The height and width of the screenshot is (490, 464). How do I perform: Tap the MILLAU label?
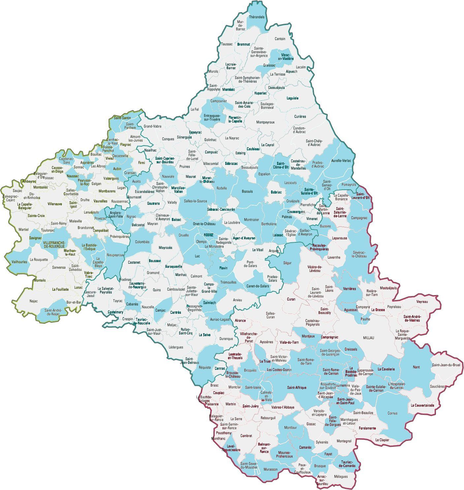pyautogui.click(x=369, y=338)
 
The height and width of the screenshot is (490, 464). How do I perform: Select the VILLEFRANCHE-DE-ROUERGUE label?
pyautogui.click(x=54, y=244)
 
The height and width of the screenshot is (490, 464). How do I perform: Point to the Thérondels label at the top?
pyautogui.click(x=257, y=17)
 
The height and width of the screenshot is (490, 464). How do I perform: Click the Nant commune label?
pyautogui.click(x=416, y=367)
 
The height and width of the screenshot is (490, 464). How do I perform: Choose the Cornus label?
pyautogui.click(x=392, y=413)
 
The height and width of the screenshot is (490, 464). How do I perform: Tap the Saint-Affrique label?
pyautogui.click(x=297, y=388)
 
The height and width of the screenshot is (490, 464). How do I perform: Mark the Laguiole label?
pyautogui.click(x=293, y=98)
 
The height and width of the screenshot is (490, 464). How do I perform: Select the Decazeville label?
pyautogui.click(x=120, y=156)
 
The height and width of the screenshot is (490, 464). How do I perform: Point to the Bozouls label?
pyautogui.click(x=247, y=191)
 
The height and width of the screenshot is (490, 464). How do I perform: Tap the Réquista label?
pyautogui.click(x=205, y=367)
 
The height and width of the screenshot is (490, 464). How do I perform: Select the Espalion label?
pyautogui.click(x=264, y=174)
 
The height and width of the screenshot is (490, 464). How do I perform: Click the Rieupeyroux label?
pyautogui.click(x=115, y=255)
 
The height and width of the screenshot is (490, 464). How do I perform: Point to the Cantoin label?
pyautogui.click(x=280, y=39)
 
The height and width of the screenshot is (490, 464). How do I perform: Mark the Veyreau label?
pyautogui.click(x=422, y=302)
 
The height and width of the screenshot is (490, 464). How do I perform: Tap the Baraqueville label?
pyautogui.click(x=173, y=266)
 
